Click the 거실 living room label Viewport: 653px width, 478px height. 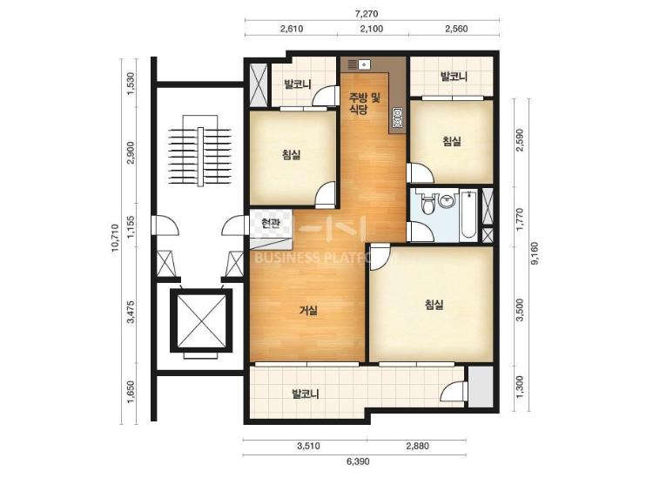point(308,310)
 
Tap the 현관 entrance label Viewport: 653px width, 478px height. point(270,224)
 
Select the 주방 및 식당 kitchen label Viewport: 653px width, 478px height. point(365,104)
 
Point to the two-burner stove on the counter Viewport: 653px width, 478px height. point(397,117)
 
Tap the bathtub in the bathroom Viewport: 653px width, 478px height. point(469,215)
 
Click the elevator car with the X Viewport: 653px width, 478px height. point(200,320)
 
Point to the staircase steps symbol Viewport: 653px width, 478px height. point(200,157)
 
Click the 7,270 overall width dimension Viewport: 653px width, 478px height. point(367,13)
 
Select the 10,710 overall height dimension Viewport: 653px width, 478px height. point(115,238)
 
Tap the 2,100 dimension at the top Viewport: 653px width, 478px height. point(373,29)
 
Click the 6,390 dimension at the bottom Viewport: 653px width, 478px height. point(358,461)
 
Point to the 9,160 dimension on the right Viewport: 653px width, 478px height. point(535,253)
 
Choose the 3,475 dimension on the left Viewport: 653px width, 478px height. point(131,312)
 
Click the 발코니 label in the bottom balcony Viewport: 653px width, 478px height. point(306,394)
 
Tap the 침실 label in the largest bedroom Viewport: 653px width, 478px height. point(434,305)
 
